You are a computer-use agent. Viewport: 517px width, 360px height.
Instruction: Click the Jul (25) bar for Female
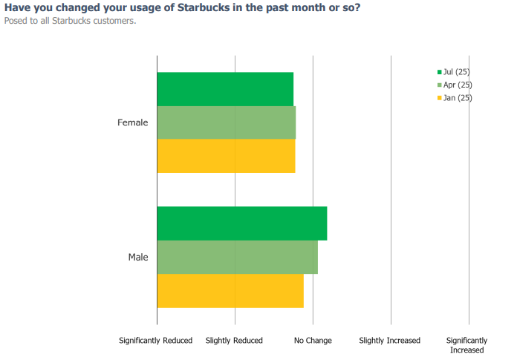(225, 89)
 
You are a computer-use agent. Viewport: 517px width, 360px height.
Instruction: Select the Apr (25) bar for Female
(226, 122)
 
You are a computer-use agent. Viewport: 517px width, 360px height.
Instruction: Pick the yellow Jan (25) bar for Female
(226, 156)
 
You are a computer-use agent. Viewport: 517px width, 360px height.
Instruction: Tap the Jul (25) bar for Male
(241, 223)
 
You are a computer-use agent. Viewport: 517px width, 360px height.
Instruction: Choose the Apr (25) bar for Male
(237, 257)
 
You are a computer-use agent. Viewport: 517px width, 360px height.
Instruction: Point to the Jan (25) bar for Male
(230, 290)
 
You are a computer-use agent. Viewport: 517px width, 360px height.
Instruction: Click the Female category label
(133, 122)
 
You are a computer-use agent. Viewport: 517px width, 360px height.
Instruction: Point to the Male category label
(138, 258)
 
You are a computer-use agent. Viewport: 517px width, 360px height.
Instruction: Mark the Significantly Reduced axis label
(156, 341)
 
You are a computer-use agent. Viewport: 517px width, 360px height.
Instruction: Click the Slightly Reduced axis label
(234, 341)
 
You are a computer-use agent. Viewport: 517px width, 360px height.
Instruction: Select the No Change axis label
(313, 341)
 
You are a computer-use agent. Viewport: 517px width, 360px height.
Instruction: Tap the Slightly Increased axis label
(390, 341)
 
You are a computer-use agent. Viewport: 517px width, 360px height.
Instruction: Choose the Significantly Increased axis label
(466, 345)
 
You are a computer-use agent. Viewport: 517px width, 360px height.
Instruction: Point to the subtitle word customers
(116, 21)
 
